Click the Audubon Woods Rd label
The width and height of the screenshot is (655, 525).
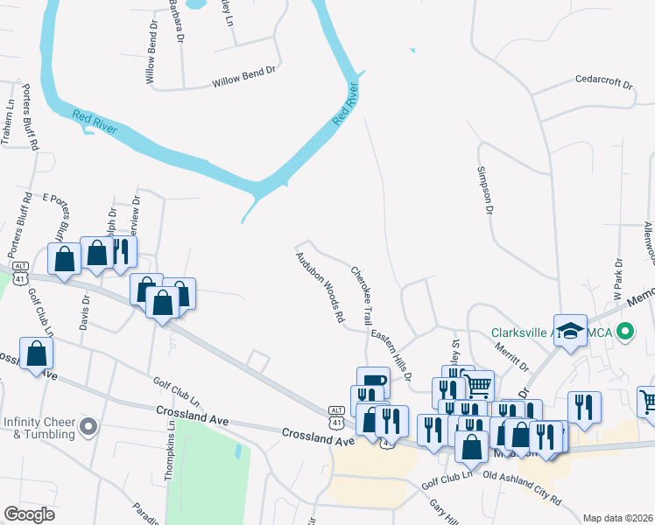(x=318, y=288)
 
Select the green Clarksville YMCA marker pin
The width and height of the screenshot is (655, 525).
(x=625, y=332)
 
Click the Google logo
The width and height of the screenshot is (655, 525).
(x=29, y=514)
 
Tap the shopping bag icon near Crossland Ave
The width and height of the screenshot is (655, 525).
(x=36, y=353)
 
